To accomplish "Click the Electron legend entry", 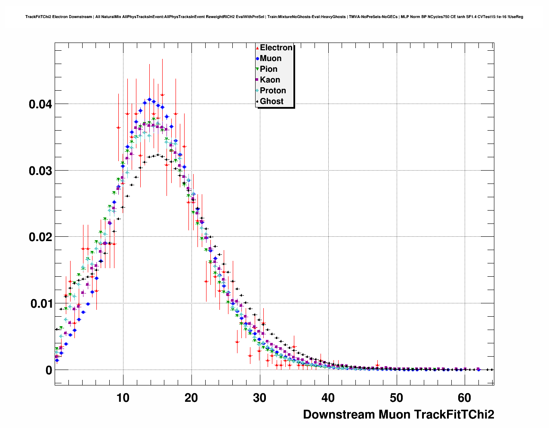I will point(276,48).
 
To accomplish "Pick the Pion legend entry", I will point(268,69).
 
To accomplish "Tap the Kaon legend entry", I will point(269,80).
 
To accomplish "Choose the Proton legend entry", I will point(272,91).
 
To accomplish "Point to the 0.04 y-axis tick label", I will point(40,104).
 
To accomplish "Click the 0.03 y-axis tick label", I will point(40,171).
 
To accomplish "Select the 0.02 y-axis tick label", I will point(40,237).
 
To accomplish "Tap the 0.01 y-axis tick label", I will point(40,303).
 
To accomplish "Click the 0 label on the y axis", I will point(49,370).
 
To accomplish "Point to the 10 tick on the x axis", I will point(123,398).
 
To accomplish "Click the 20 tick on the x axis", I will point(191,398).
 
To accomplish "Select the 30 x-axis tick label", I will point(260,398).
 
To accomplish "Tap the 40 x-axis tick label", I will point(328,398).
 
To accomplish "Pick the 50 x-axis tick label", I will point(397,398).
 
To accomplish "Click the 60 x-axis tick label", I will point(465,398).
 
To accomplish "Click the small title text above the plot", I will point(274,17).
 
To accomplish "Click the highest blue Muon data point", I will point(149,99).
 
